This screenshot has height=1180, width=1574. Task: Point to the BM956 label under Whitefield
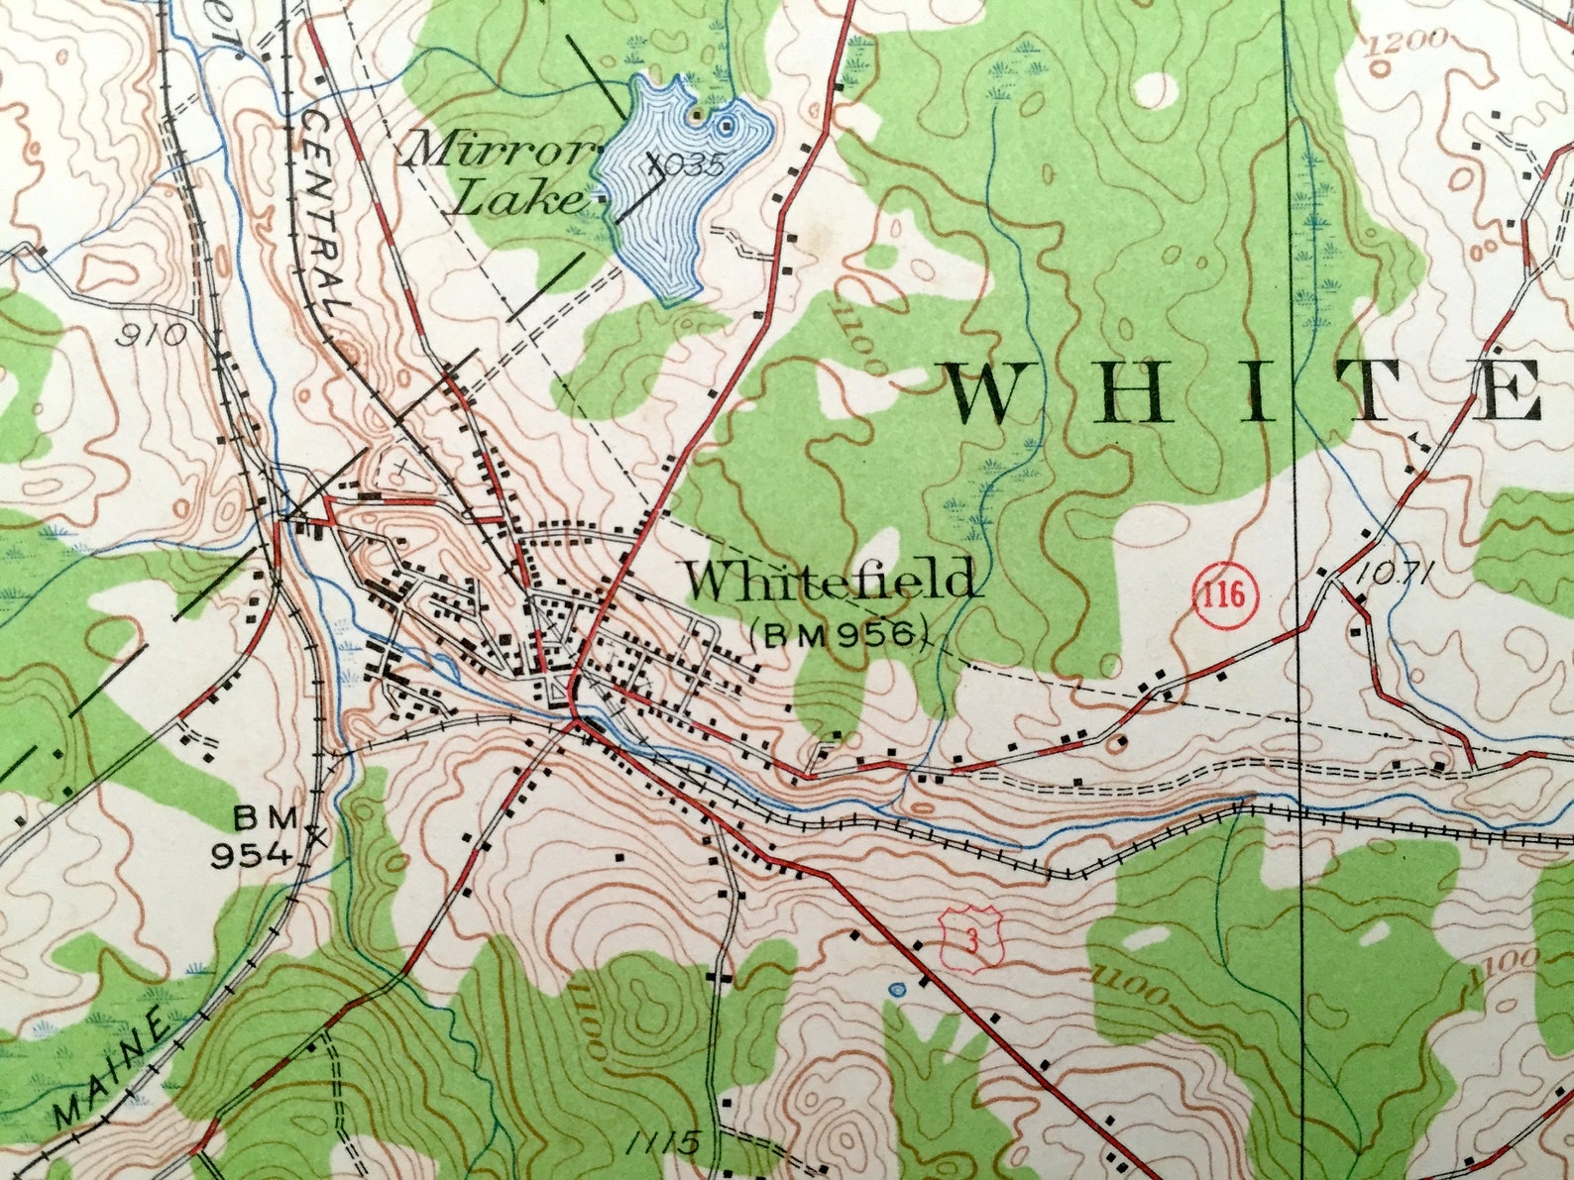(839, 633)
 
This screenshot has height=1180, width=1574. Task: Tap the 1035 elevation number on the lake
(692, 165)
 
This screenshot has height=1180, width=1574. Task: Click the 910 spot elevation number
(151, 335)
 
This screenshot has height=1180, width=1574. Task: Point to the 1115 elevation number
(663, 1142)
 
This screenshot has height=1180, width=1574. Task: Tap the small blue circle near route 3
(898, 989)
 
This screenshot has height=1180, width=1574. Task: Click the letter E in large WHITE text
(1506, 393)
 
